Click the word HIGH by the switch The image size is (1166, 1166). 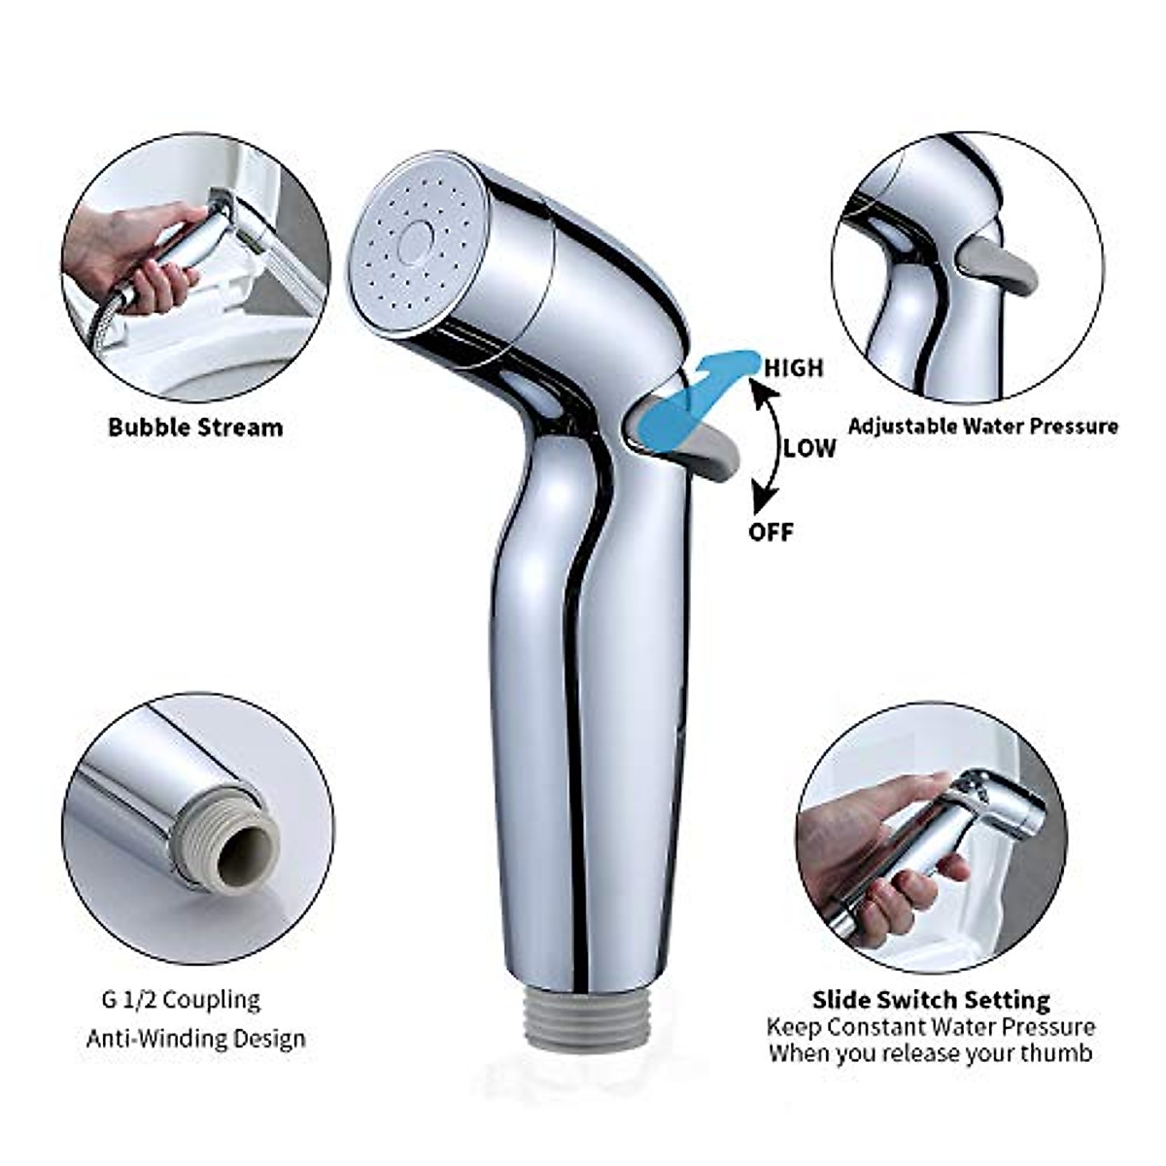pos(793,368)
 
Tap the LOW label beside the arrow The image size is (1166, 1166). pos(809,448)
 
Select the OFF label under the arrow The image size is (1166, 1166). pos(771,532)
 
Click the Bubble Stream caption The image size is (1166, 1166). pos(195,427)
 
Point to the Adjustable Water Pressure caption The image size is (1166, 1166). pos(982,426)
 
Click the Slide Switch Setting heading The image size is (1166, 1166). pos(931,1000)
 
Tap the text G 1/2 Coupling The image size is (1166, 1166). pos(173,1000)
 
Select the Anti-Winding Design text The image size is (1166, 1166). pos(196,1038)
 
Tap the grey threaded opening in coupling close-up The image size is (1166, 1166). pos(238,855)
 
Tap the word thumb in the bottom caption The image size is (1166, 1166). pos(1061,1053)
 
